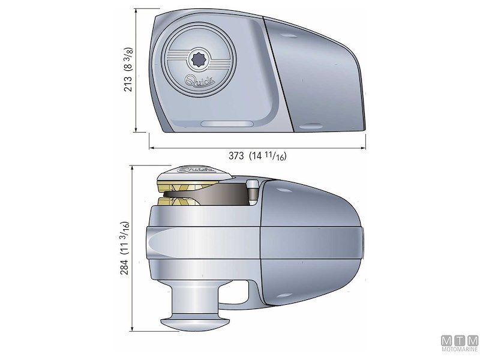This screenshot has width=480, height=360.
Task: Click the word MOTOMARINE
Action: (x=460, y=348)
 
